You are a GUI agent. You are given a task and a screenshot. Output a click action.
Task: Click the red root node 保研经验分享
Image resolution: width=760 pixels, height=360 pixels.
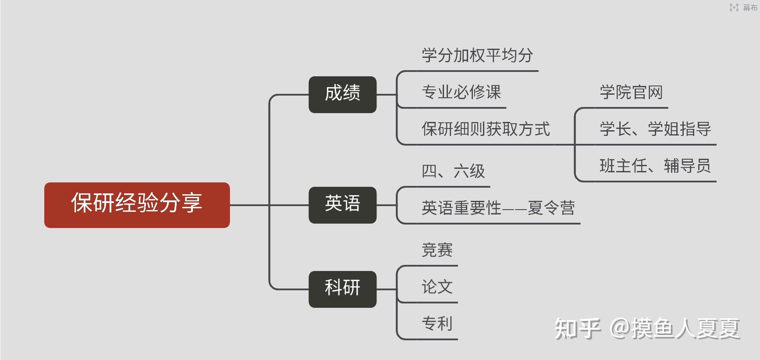137,205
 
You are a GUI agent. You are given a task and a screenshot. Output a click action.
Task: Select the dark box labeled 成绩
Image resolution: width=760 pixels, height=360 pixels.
342,94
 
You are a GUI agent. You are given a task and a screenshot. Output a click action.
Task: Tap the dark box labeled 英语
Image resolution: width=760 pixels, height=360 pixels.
342,205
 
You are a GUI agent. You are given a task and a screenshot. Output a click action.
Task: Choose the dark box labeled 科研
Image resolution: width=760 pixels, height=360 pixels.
342,289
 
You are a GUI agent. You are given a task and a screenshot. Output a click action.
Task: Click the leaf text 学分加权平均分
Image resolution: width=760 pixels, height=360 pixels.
477,56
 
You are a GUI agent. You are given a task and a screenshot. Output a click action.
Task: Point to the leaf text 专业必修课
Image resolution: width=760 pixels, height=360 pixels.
461,93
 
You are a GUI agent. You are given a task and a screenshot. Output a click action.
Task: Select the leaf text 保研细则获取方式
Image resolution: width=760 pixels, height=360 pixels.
486,129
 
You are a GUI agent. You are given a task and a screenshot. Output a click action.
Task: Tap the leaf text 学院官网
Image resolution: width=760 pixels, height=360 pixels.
631,93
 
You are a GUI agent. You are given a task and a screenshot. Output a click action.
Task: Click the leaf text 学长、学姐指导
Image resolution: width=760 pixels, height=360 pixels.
655,129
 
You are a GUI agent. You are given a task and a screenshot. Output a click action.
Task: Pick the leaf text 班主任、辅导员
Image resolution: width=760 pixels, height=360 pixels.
655,166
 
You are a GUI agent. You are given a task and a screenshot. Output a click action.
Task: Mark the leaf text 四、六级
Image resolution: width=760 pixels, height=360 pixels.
453,171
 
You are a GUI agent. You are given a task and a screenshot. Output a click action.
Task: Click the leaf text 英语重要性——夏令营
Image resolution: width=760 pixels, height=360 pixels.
498,208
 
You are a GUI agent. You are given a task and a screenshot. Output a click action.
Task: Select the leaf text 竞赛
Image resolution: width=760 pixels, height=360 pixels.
437,250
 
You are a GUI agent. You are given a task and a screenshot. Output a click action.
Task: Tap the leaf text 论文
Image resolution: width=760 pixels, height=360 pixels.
437,287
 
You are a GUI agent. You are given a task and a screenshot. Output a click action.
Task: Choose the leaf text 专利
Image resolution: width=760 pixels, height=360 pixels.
437,324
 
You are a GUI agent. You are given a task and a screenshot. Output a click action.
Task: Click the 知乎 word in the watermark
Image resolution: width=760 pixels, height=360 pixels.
577,328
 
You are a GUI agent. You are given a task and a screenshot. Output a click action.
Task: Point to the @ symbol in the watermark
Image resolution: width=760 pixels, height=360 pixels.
620,328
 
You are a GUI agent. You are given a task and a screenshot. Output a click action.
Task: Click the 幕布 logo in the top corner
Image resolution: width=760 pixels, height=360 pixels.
743,7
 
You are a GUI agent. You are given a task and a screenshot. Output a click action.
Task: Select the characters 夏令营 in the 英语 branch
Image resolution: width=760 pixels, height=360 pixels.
551,208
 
